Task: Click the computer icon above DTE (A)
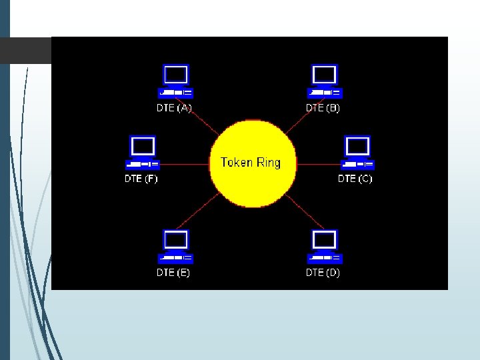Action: tap(175, 81)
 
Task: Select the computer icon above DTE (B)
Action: tap(324, 81)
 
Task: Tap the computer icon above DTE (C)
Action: tap(357, 153)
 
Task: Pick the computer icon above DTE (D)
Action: tap(324, 247)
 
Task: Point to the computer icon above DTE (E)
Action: tap(175, 247)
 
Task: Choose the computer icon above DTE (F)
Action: tap(142, 153)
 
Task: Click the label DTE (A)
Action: tap(174, 107)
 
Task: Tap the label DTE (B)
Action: tap(323, 107)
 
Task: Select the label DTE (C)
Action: tap(355, 179)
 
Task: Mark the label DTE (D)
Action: tap(323, 273)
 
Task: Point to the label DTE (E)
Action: tap(173, 273)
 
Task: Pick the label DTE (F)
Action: tap(141, 179)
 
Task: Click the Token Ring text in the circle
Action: tap(251, 162)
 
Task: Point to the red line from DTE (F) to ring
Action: tap(183, 163)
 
